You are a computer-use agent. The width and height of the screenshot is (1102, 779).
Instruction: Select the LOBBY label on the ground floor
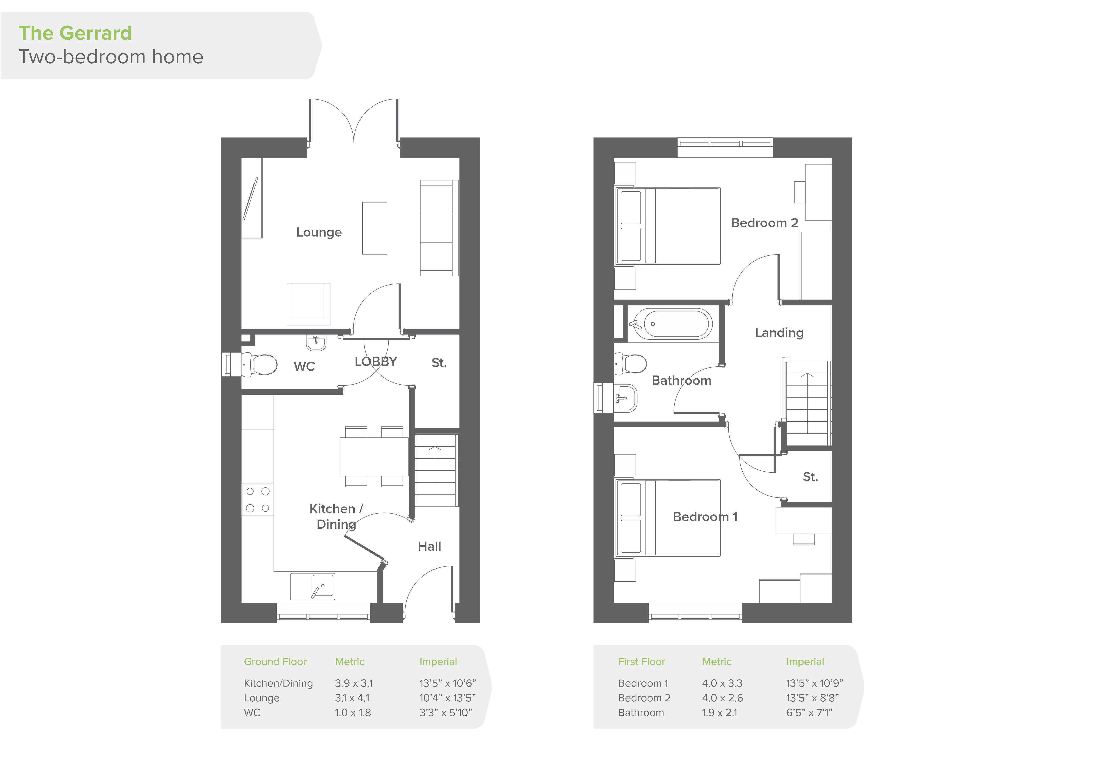tap(376, 362)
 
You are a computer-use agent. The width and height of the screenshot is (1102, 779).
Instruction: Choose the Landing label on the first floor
tap(779, 333)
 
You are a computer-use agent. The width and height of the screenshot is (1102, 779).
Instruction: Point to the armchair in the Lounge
tap(309, 304)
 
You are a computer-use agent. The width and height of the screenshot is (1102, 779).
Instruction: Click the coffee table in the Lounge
tap(374, 228)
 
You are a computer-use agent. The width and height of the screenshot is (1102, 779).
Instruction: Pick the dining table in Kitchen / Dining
tap(374, 456)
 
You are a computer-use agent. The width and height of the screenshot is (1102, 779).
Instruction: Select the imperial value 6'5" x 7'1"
tap(809, 713)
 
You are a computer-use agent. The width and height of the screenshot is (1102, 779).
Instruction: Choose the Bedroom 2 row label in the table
tap(644, 698)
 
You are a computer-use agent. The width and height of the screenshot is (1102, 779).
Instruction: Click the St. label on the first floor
tap(810, 477)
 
